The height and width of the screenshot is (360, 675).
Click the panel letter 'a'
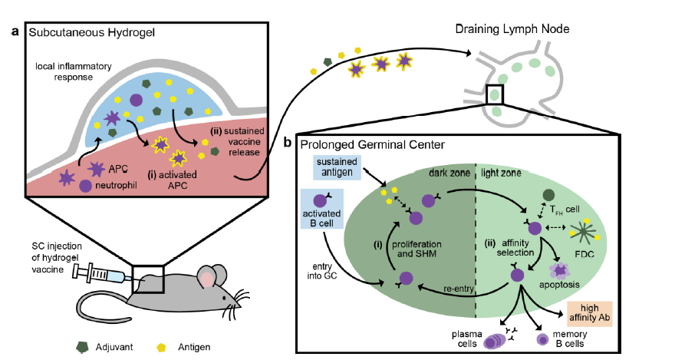point(15,31)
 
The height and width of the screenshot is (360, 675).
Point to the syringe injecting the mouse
point(100,272)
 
